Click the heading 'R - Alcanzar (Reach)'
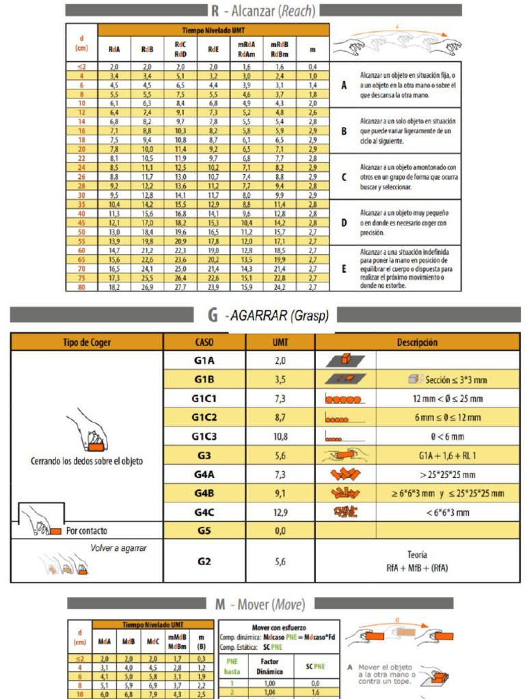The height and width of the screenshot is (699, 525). [x=263, y=10]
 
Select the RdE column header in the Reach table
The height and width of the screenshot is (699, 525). [x=213, y=49]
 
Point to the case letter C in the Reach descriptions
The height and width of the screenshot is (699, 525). [x=344, y=177]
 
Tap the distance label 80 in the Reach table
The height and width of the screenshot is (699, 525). [x=81, y=287]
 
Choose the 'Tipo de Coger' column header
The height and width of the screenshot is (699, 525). [x=87, y=342]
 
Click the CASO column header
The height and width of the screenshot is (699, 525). [x=204, y=342]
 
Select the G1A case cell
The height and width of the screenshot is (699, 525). [x=204, y=360]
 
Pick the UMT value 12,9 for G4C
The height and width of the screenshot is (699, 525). [x=280, y=511]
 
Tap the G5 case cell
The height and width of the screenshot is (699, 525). [x=204, y=530]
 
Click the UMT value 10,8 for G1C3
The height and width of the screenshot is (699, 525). [x=280, y=436]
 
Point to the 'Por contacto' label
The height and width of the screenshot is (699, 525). [x=86, y=530]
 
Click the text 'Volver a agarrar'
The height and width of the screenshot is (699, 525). [x=118, y=547]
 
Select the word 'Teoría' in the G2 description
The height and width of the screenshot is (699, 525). [x=416, y=555]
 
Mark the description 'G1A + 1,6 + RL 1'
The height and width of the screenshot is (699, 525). [x=447, y=455]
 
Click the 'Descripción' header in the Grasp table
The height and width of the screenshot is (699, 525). [x=416, y=342]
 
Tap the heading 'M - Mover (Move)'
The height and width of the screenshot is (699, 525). [x=260, y=604]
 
